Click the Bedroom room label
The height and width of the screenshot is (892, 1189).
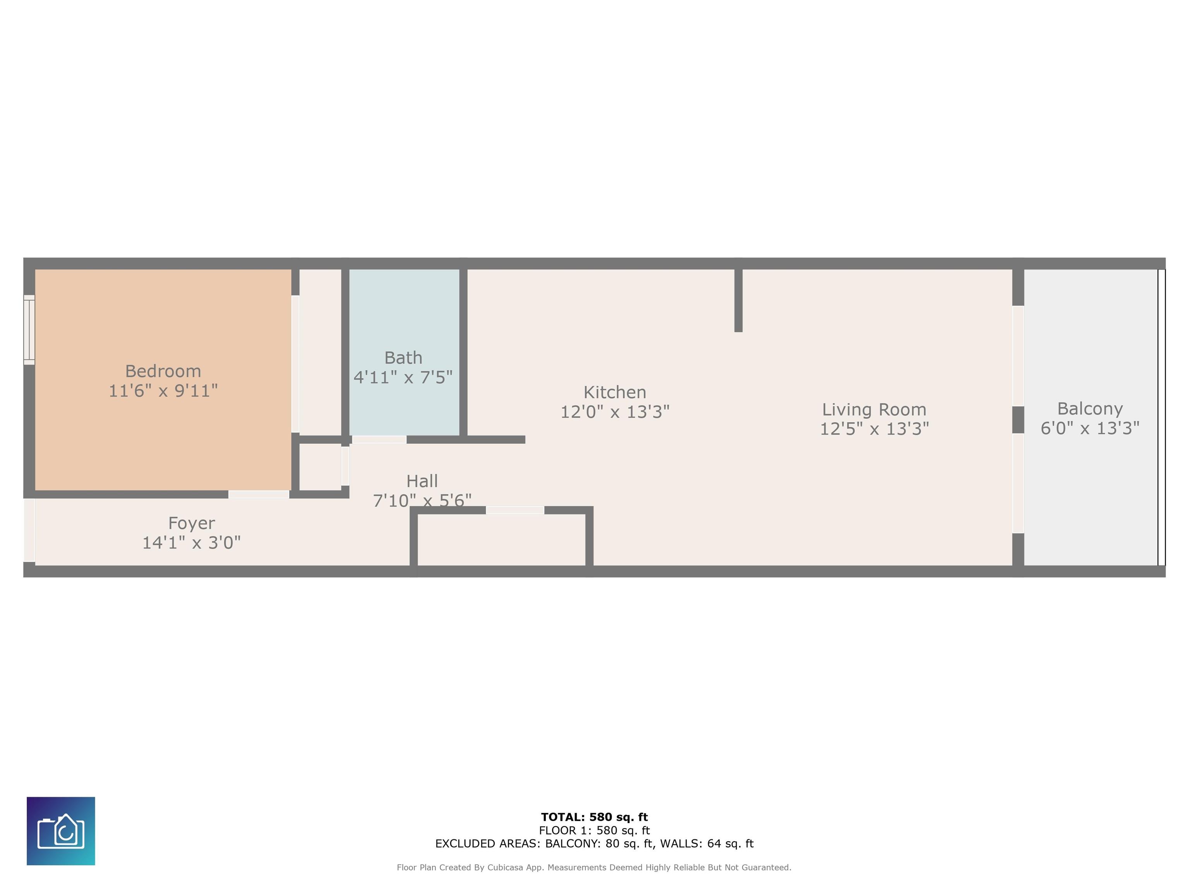[x=163, y=371]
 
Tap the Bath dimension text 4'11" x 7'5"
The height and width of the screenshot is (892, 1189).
[x=403, y=377]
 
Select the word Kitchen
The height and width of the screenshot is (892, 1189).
[x=615, y=392]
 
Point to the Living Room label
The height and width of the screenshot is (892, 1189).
[x=874, y=410]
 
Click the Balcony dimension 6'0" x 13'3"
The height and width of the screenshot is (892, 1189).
[x=1090, y=428]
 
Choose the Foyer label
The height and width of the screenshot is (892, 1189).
[x=191, y=523]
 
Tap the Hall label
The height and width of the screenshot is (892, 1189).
[x=422, y=481]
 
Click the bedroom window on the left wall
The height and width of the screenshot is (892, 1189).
[x=29, y=329]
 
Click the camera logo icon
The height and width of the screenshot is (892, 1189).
[x=61, y=831]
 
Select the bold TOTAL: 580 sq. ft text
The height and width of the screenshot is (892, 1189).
[x=594, y=817]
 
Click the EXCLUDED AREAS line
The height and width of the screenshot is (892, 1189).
[x=594, y=844]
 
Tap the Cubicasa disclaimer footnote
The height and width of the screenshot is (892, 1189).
[x=594, y=867]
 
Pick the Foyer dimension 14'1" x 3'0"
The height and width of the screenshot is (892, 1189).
[x=191, y=542]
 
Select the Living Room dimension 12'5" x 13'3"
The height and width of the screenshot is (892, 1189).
[x=874, y=429]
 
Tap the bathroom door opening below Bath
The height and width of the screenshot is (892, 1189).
[x=379, y=440]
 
